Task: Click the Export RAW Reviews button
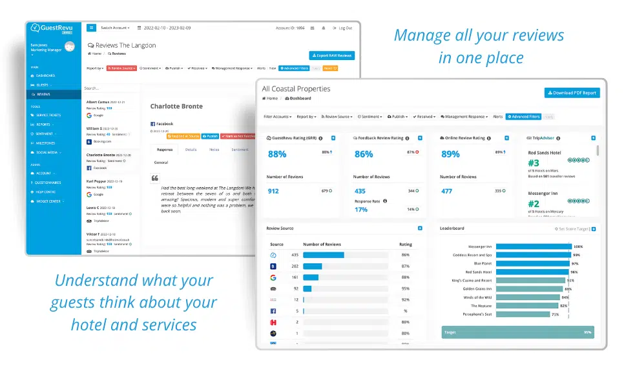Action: pyautogui.click(x=331, y=55)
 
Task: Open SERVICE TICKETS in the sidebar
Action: pyautogui.click(x=50, y=115)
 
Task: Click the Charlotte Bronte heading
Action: pyautogui.click(x=176, y=106)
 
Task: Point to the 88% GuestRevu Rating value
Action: pyautogui.click(x=277, y=154)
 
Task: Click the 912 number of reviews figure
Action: pyautogui.click(x=273, y=191)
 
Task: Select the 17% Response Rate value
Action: pyautogui.click(x=360, y=210)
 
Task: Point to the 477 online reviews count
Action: pyautogui.click(x=446, y=191)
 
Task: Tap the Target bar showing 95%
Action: pyautogui.click(x=517, y=332)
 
